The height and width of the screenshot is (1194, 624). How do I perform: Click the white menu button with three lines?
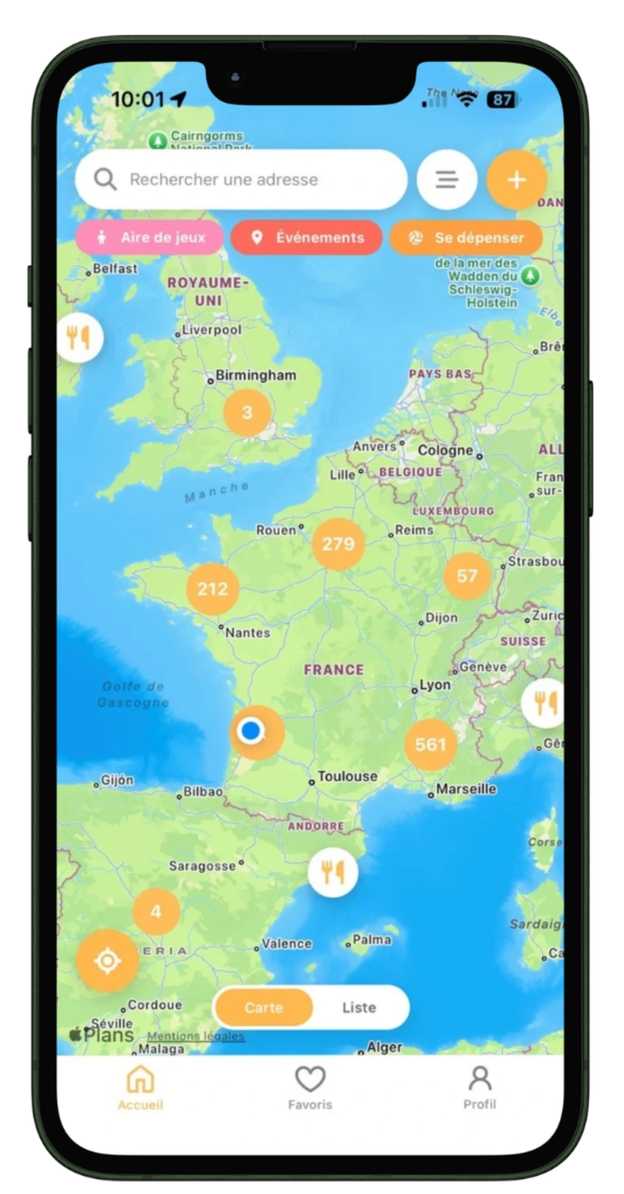[447, 179]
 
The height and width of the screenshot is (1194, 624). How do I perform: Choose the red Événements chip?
[307, 237]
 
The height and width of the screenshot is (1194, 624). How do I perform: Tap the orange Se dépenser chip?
[466, 237]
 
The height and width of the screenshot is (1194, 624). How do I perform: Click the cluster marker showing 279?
[338, 544]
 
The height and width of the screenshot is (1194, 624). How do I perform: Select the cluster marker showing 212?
[213, 589]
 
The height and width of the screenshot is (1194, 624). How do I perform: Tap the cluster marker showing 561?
[430, 745]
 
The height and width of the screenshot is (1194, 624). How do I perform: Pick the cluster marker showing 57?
[467, 576]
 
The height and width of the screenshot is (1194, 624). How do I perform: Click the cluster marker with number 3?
[247, 413]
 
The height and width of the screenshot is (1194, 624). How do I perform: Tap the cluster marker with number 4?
[156, 911]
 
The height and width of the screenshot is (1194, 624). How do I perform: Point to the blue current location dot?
[251, 730]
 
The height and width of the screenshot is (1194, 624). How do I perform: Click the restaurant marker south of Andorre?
[333, 872]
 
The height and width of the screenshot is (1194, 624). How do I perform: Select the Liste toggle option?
[359, 1008]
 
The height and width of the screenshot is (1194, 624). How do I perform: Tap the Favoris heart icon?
[310, 1080]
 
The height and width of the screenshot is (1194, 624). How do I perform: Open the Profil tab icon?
[479, 1080]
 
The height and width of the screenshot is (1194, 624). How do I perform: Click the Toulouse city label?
[347, 777]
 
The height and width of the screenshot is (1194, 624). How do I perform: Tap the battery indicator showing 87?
[502, 99]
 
